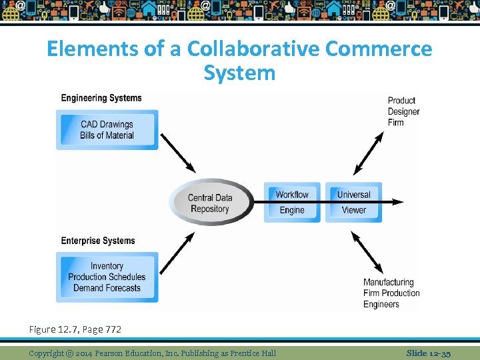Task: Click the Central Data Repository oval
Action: (210, 202)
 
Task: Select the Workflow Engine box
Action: (292, 202)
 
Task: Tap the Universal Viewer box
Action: (353, 202)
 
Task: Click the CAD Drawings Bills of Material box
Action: (107, 130)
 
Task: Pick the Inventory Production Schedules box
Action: (107, 277)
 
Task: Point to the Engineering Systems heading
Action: (101, 98)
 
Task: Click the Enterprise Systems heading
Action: (98, 241)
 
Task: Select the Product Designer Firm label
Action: (403, 111)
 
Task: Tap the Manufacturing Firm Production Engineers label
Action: (391, 293)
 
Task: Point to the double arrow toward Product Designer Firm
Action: (368, 153)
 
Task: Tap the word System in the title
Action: (239, 72)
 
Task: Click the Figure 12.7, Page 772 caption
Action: (75, 329)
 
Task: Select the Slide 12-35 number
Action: (429, 353)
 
